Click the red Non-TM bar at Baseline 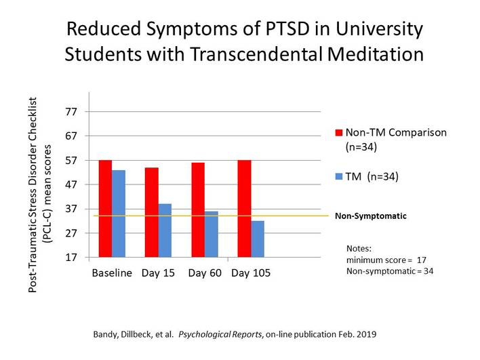105,209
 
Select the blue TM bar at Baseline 119,214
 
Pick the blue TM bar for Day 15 165,231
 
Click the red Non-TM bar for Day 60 198,210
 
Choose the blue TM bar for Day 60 212,234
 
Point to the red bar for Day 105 244,209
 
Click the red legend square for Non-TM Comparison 339,132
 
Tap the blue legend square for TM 339,177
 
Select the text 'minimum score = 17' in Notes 386,260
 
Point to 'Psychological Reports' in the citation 217,335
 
